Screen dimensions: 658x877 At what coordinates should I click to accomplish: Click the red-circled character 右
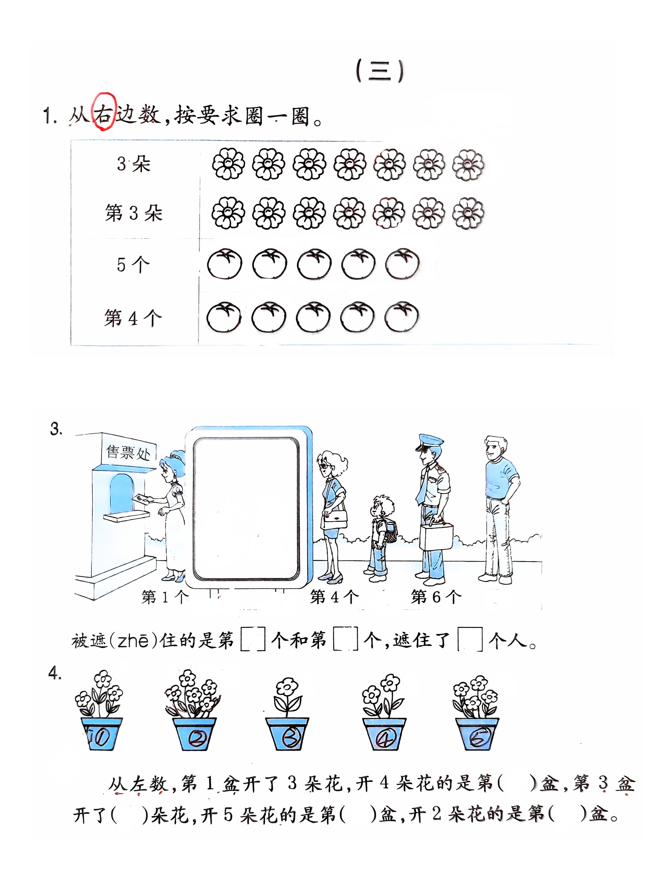(104, 114)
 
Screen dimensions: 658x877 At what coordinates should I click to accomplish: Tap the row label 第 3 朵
(134, 213)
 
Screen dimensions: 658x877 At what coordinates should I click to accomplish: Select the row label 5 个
(133, 264)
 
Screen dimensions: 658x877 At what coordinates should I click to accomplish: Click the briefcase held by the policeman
(436, 536)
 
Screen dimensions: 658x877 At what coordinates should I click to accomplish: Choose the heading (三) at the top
(380, 71)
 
